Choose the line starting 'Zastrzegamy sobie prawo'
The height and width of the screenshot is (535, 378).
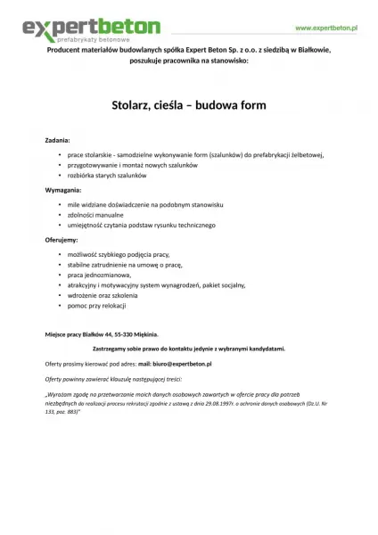click(189, 348)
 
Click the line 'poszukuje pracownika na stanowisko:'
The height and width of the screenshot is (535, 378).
click(189, 62)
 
